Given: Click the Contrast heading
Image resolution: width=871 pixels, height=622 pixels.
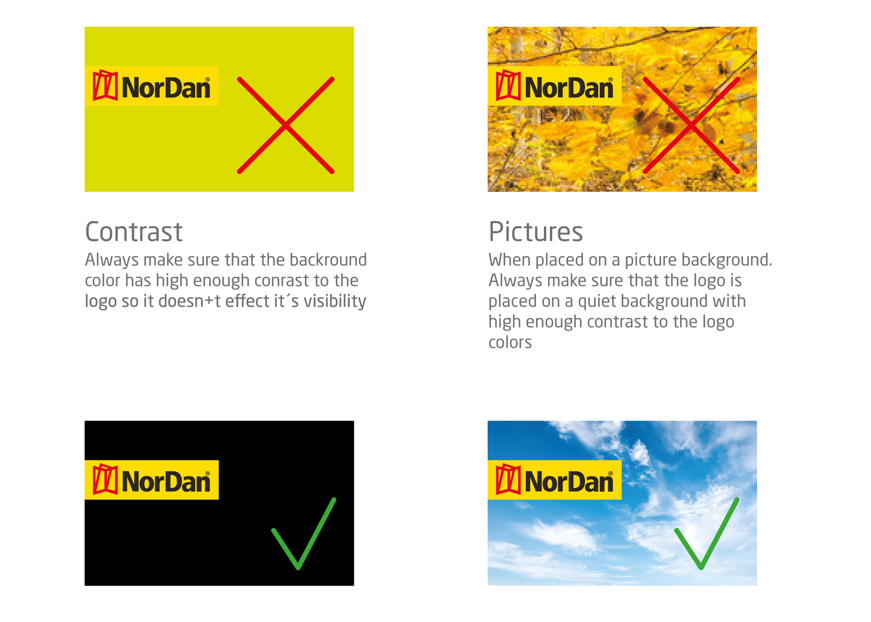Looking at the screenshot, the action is coord(134,231).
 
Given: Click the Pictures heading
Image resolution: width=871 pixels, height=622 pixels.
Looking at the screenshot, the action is coord(536,231).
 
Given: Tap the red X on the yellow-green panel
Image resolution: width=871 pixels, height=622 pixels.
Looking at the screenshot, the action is coord(286,125).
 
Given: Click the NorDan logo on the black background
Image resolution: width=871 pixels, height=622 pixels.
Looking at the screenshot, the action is coord(151,480).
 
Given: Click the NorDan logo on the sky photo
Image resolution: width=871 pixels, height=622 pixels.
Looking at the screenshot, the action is coord(555,480).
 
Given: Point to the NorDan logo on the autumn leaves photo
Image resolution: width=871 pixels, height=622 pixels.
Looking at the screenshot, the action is coord(555,86).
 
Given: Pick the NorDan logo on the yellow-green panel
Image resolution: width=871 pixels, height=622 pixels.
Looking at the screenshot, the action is coord(151,86).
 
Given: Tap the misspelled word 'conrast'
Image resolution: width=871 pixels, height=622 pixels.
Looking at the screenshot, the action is coord(281,281).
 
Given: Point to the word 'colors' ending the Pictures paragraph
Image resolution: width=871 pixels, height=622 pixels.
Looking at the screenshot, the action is coord(510,342).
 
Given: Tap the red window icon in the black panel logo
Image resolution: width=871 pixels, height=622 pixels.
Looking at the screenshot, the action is coord(105,479).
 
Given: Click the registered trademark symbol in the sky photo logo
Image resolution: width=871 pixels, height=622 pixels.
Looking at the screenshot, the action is coord(610,474).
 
